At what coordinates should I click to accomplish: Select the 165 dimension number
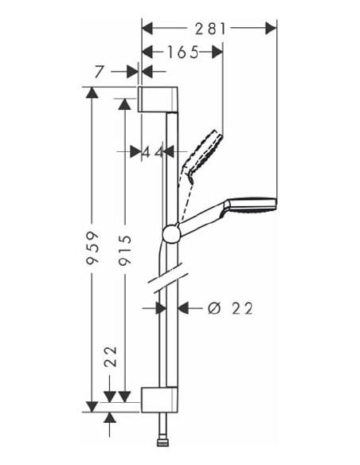(182, 53)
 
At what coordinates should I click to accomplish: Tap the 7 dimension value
(99, 72)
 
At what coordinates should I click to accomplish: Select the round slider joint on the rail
(170, 233)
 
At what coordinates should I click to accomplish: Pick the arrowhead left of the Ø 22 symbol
(185, 308)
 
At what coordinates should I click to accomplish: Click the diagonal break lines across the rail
(169, 280)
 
